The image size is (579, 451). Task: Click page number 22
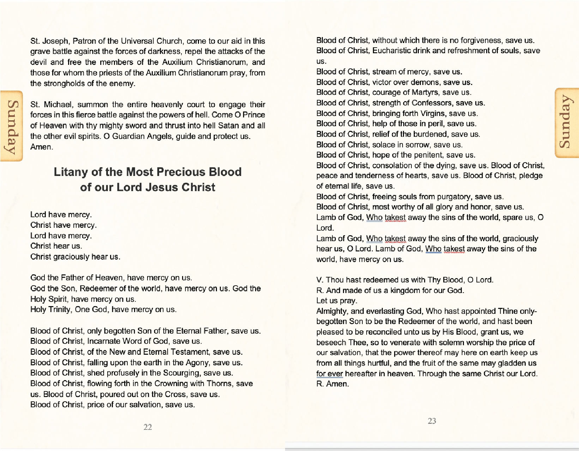coord(147,427)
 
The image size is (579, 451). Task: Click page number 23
coord(432,421)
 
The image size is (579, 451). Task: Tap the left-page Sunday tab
coord(12,126)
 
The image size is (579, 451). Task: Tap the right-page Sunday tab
coord(567,122)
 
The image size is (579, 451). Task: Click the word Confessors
coord(432,103)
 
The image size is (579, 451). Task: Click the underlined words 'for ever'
coord(330,373)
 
